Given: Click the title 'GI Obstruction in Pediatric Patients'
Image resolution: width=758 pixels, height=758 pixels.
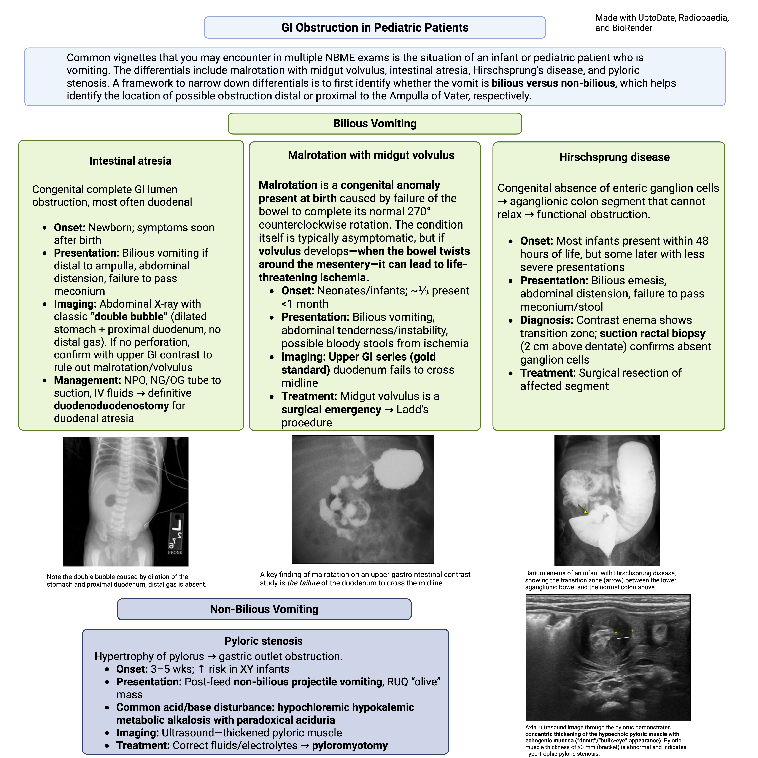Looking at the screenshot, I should pyautogui.click(x=375, y=27).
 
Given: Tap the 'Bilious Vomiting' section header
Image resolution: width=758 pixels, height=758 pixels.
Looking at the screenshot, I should pyautogui.click(x=375, y=124).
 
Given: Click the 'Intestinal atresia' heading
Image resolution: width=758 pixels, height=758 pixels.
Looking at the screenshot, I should pyautogui.click(x=130, y=161).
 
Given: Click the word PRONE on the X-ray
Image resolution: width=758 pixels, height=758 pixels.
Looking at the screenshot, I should pyautogui.click(x=175, y=552).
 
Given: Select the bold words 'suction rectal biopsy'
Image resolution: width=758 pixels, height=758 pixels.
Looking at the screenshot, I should pyautogui.click(x=652, y=334).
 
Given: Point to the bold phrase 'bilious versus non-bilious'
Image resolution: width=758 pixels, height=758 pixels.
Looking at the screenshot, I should pyautogui.click(x=553, y=83).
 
